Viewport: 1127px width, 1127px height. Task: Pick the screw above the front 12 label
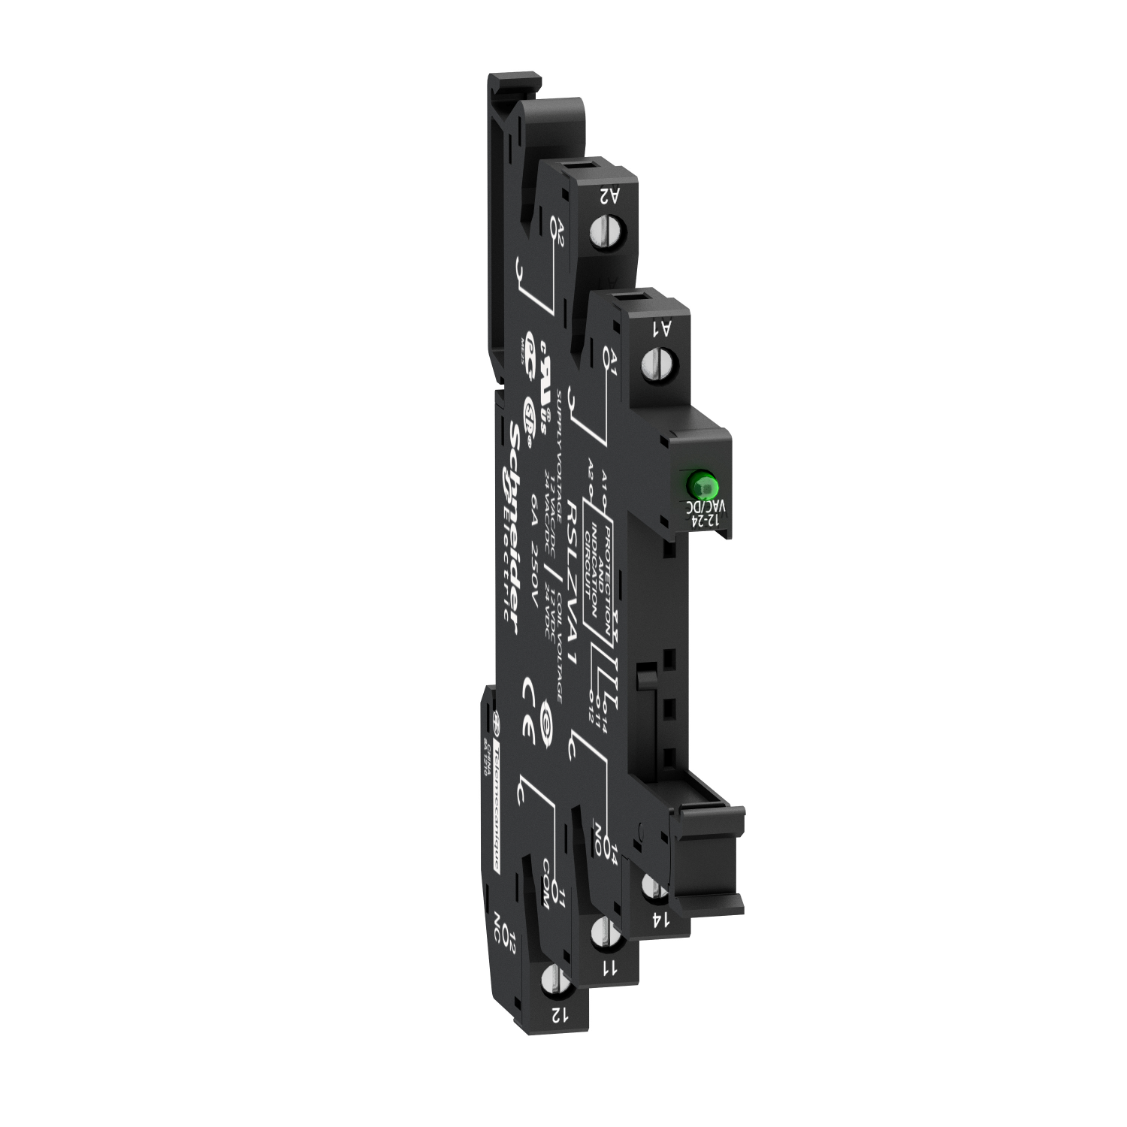pyautogui.click(x=551, y=980)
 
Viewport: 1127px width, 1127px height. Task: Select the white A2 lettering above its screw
pyautogui.click(x=609, y=195)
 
